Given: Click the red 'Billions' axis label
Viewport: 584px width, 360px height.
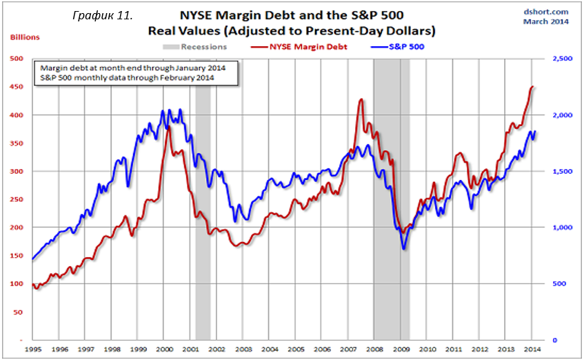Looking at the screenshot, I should click(24, 37).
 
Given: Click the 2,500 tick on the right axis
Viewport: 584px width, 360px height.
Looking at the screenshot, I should click(563, 59).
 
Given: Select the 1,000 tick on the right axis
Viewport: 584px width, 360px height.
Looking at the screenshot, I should click(563, 228).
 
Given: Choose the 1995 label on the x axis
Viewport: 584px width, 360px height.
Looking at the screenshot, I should click(33, 350).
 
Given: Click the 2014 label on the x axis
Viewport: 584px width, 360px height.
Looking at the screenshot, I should click(532, 350).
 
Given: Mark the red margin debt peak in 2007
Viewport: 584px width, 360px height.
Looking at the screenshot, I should click(361, 101).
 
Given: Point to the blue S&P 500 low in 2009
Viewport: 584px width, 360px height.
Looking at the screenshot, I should click(403, 248).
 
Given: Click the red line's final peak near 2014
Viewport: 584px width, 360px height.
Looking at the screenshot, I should click(532, 87).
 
